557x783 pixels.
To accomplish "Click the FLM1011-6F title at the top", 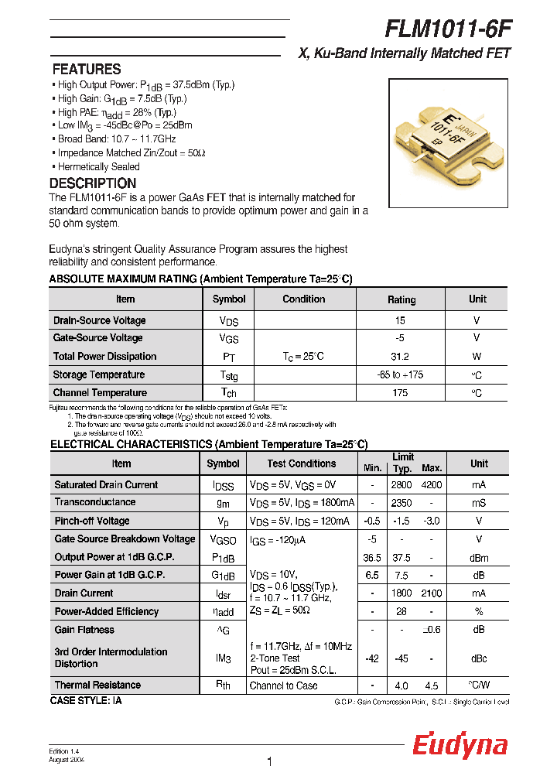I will coord(448,29).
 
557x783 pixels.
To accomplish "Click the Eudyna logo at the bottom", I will coord(460,746).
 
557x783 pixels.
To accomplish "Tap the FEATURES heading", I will coord(87,70).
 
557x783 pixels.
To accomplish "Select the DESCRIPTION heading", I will coord(93,183).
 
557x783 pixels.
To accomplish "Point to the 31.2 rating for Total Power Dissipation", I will coord(401,357).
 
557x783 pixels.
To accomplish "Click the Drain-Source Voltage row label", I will coord(99,320).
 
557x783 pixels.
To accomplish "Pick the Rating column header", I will coord(401,299).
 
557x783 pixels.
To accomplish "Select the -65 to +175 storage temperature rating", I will coord(401,375).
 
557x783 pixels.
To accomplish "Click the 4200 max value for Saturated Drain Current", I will coord(432,485).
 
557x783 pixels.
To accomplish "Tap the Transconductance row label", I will coord(94,503).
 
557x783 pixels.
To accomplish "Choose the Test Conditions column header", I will coord(302,463).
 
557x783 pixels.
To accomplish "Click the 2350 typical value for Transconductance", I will coord(402,503).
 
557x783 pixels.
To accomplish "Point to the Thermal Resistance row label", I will coord(97,686).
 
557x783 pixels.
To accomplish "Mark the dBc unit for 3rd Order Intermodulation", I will coord(479,658).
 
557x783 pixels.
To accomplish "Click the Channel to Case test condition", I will coord(283,686).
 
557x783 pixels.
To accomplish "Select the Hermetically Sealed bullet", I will coord(99,166).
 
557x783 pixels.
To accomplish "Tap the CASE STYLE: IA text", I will coord(86,700).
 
